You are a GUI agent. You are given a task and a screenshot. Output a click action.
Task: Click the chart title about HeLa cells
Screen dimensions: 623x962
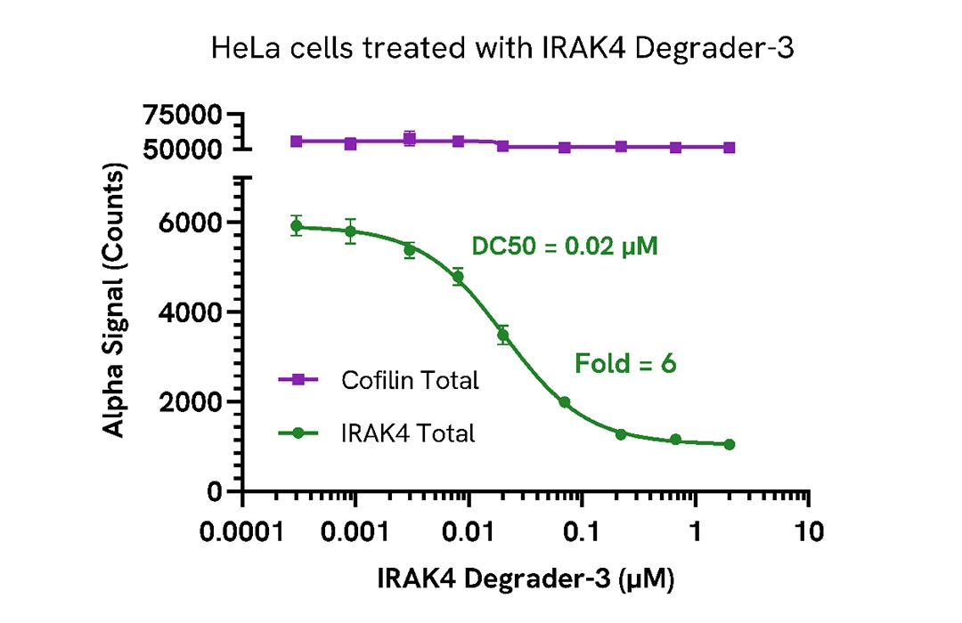501,49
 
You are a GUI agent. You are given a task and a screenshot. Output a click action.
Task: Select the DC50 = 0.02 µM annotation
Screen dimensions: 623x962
565,247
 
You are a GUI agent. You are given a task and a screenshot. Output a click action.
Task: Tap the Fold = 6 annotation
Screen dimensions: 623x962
625,363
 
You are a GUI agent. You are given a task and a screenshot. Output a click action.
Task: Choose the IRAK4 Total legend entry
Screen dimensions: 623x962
408,433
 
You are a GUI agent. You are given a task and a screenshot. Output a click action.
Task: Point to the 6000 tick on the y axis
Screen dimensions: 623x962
195,222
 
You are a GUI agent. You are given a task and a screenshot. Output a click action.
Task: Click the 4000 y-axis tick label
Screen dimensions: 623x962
195,312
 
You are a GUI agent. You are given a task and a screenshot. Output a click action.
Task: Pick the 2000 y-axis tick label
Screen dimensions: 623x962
195,402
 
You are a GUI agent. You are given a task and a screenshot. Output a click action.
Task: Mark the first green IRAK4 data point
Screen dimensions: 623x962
297,226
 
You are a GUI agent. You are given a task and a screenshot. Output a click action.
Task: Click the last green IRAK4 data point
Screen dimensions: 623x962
730,444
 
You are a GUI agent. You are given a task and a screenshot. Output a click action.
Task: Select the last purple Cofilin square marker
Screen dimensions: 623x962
730,148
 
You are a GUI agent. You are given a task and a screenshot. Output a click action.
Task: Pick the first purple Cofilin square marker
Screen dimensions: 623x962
297,142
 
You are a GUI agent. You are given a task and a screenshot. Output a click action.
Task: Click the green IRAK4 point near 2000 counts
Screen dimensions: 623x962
565,402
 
